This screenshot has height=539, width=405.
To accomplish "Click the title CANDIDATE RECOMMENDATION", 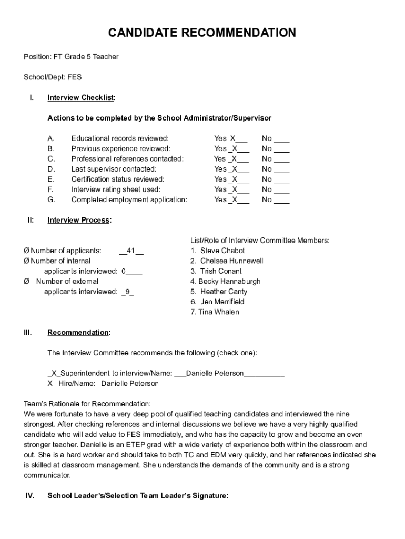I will (x=202, y=33).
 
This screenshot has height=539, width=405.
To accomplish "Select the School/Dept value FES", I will (x=74, y=77).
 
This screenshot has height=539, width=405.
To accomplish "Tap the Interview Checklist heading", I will (x=82, y=97).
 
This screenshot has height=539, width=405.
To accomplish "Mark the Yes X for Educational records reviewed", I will (x=231, y=138).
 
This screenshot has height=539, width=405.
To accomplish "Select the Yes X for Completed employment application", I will (x=231, y=199).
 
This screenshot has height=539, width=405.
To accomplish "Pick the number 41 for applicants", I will (x=131, y=251).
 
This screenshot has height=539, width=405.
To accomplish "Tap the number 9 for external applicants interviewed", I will (x=127, y=292).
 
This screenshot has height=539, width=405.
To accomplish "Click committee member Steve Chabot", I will (x=222, y=251).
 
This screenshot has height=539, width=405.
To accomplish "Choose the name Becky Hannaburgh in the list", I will (x=229, y=281).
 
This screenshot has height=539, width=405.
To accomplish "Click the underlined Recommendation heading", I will (x=79, y=332).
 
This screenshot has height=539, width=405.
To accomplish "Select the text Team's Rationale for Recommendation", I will (x=87, y=404).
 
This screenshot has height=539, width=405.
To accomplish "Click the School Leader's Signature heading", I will (x=138, y=495).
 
